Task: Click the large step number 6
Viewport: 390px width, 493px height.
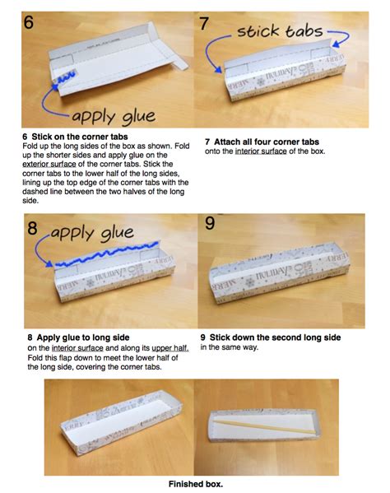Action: pos(28,22)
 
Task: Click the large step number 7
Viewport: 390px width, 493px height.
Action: pos(204,24)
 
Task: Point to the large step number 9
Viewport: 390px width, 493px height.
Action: pos(210,223)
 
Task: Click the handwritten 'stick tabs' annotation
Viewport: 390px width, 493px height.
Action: pos(280,31)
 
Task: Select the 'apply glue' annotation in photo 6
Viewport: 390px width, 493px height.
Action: pos(114,117)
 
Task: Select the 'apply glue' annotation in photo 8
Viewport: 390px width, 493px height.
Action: pos(92,233)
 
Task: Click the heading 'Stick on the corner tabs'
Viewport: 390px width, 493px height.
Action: pos(80,137)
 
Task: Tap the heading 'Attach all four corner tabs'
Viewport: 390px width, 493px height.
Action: pos(267,142)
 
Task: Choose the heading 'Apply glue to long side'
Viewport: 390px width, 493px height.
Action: pos(83,337)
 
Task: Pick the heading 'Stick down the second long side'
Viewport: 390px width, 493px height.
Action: pos(276,337)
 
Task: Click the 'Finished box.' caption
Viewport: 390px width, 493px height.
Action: pos(196,484)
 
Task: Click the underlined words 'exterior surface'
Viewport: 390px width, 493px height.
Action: pos(49,164)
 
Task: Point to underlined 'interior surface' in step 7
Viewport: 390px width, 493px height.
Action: pos(261,151)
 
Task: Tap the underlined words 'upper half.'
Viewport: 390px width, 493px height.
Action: pos(170,348)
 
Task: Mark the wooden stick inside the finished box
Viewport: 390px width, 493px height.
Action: pos(264,427)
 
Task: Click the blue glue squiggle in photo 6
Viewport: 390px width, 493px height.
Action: pos(65,77)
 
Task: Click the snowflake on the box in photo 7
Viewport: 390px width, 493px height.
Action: pos(261,81)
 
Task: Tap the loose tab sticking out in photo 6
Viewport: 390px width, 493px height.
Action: pos(180,64)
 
